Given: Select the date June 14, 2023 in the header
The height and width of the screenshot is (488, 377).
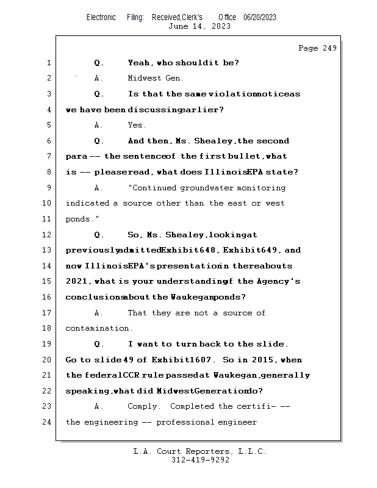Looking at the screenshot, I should pos(199,26).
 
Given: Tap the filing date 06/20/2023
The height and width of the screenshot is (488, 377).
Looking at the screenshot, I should pos(260,18).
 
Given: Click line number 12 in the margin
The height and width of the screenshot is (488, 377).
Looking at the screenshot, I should pos(48,235).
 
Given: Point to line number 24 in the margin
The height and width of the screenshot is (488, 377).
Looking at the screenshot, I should pos(48,422).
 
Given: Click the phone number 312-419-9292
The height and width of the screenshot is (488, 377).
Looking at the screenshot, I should pos(200,460).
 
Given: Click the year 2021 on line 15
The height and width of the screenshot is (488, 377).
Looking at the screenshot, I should pos(76,282).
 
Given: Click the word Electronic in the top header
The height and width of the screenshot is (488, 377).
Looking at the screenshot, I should pos(101,18).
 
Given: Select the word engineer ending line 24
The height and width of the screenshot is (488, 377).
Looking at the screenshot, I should pos(237,422).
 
